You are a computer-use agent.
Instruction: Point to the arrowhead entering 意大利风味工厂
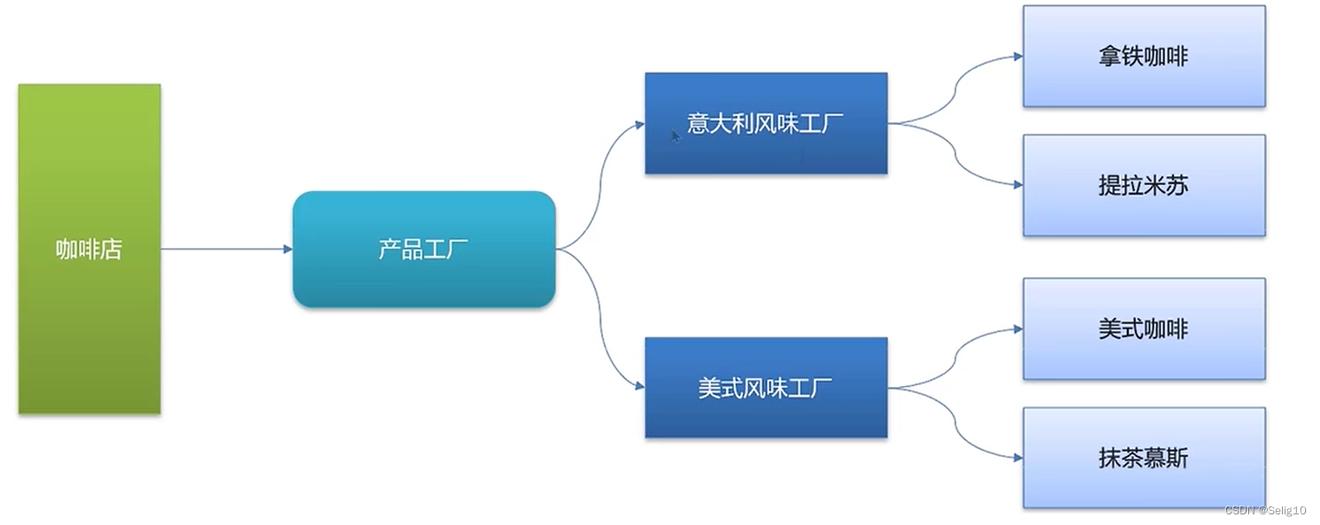click(x=640, y=124)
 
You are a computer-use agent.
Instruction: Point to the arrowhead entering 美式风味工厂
click(x=640, y=385)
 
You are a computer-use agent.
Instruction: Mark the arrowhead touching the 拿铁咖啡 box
click(x=1018, y=57)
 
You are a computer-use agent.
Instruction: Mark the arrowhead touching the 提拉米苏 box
click(x=1018, y=185)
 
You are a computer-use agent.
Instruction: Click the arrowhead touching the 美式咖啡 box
click(x=1018, y=329)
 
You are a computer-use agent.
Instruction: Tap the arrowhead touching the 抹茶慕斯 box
click(x=1018, y=458)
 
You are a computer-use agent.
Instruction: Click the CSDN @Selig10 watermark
click(x=1266, y=511)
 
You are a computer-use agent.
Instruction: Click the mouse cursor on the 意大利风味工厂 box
click(x=675, y=135)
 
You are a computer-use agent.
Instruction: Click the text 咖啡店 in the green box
click(x=89, y=250)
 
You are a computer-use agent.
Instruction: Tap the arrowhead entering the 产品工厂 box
click(x=288, y=249)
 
